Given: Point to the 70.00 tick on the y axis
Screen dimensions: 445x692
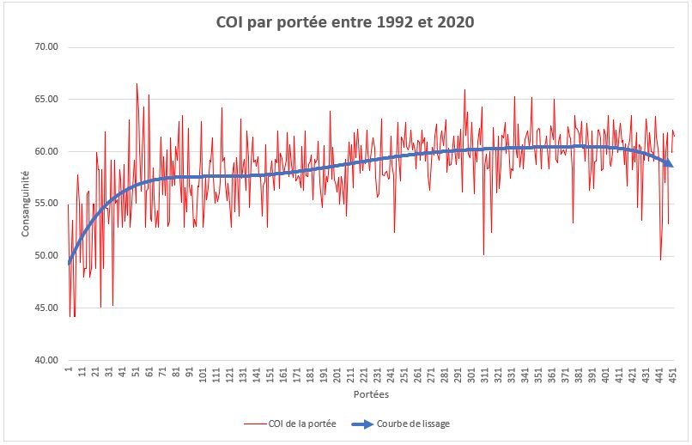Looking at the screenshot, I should pyautogui.click(x=45, y=47).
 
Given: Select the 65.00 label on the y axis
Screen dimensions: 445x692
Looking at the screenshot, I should pyautogui.click(x=45, y=100).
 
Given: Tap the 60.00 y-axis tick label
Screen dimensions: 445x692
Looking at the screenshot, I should pyautogui.click(x=45, y=152).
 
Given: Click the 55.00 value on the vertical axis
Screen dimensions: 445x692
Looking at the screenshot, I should pyautogui.click(x=45, y=204).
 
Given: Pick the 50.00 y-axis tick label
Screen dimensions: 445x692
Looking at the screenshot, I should pyautogui.click(x=45, y=256).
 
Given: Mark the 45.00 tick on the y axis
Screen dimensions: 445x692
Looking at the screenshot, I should pyautogui.click(x=45, y=308).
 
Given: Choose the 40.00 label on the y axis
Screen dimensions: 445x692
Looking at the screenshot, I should pyautogui.click(x=45, y=361).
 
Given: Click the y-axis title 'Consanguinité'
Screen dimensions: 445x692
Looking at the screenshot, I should pyautogui.click(x=26, y=204).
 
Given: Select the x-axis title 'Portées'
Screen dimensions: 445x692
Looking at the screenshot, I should pyautogui.click(x=370, y=395).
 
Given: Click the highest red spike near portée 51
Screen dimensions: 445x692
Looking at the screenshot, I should pyautogui.click(x=136, y=84).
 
